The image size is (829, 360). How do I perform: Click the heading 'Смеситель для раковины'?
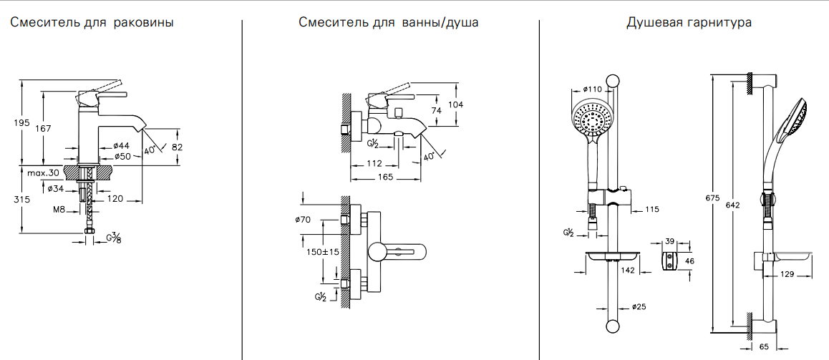pos(92,23)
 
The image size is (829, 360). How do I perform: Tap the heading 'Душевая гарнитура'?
pos(689,23)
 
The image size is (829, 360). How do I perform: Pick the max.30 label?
pos(44,173)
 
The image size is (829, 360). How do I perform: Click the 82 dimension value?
pos(178,147)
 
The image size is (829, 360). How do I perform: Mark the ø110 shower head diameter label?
pos(591,89)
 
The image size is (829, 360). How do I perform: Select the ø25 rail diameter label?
pos(639,307)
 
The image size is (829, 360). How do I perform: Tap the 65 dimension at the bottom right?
pos(763,346)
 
